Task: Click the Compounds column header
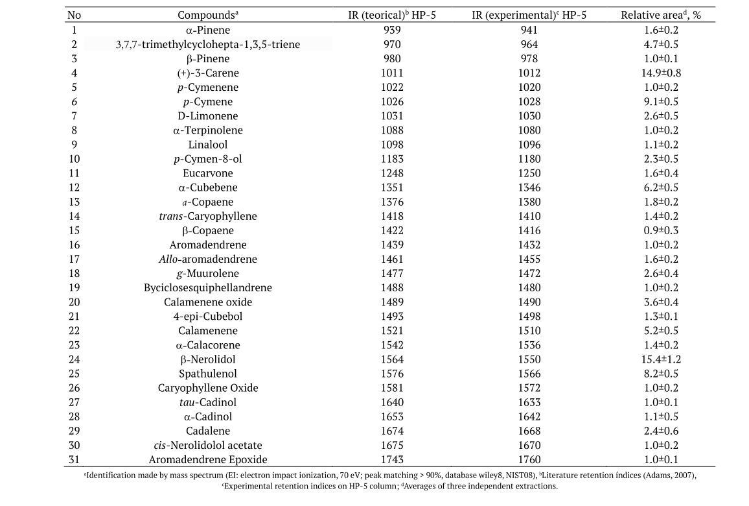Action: point(207,16)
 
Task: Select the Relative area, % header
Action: point(661,16)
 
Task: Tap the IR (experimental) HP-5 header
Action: point(529,16)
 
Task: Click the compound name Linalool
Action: point(208,145)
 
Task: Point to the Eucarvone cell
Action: point(208,173)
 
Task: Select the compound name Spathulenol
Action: point(208,374)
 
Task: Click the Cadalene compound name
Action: point(208,431)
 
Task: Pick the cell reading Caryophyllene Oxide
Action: point(208,388)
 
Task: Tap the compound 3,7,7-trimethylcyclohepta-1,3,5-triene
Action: point(208,45)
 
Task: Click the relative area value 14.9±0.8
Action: point(661,73)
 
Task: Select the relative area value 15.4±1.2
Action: point(661,359)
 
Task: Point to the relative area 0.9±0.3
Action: point(661,230)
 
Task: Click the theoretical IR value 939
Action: point(392,30)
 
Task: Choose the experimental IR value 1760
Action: point(529,459)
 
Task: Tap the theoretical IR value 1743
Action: point(392,459)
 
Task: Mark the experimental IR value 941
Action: point(529,30)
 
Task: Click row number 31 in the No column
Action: point(74,459)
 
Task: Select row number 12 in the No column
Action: point(74,187)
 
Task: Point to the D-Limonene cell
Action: point(208,116)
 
